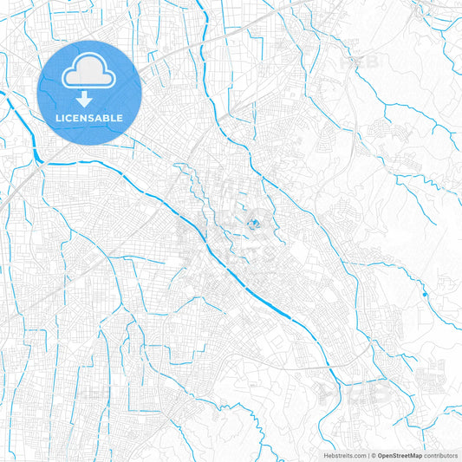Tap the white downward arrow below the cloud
[90, 100]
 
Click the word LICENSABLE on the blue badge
[90, 117]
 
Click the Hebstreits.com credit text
[339, 454]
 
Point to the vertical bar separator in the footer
[367, 454]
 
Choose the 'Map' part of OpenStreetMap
[416, 454]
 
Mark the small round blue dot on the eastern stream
[425, 296]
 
